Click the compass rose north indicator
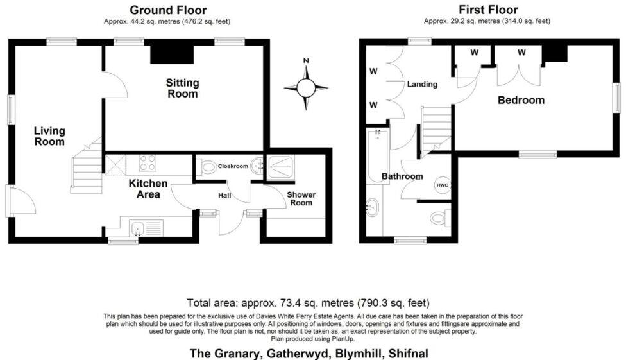tap(306, 87)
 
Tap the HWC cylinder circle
tap(442, 185)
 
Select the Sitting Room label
tap(182, 89)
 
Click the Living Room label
tap(49, 136)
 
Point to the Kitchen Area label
tap(148, 189)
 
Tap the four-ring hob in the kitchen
tap(148, 163)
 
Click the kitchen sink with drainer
tap(146, 228)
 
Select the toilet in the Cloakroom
tap(207, 166)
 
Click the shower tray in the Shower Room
tap(281, 166)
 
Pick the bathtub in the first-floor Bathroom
tap(378, 156)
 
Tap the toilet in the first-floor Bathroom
tap(440, 218)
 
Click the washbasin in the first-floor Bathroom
tap(372, 207)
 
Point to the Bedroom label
tap(521, 100)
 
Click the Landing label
tap(422, 84)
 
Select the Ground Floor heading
tap(168, 10)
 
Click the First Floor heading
tap(488, 10)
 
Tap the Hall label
tap(224, 195)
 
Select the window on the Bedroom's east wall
tap(617, 98)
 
